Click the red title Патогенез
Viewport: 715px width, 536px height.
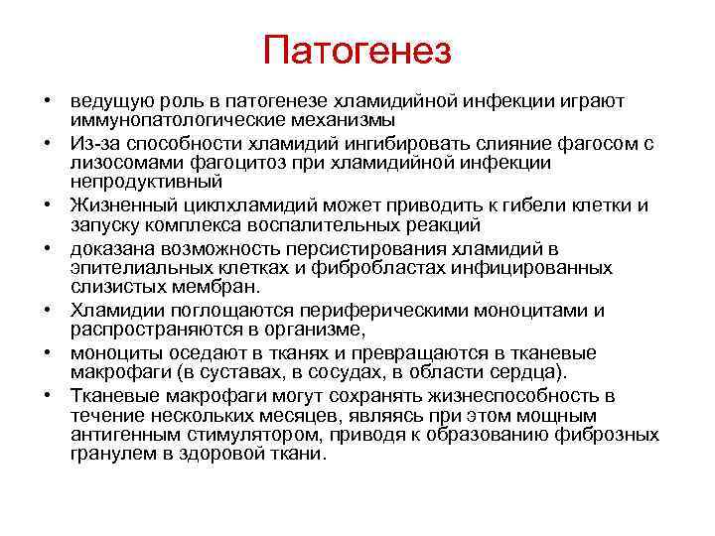[x=357, y=50]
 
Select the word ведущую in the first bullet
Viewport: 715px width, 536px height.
[x=106, y=101]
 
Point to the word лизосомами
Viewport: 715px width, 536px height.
[x=117, y=163]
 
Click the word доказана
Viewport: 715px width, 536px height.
[x=109, y=248]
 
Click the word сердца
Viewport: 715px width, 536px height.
[x=529, y=372]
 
